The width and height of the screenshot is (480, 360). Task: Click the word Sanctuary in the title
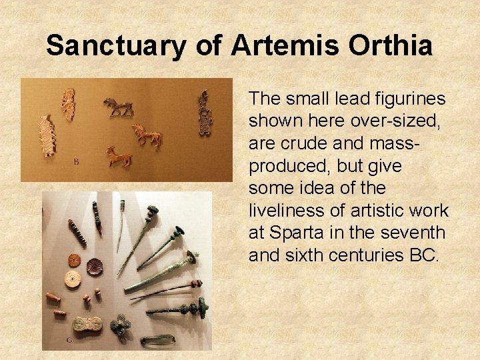point(114,46)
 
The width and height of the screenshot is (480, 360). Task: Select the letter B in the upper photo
point(76,161)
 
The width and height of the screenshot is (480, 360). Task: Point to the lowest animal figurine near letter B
point(119,157)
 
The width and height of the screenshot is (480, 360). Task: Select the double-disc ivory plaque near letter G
point(87,323)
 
